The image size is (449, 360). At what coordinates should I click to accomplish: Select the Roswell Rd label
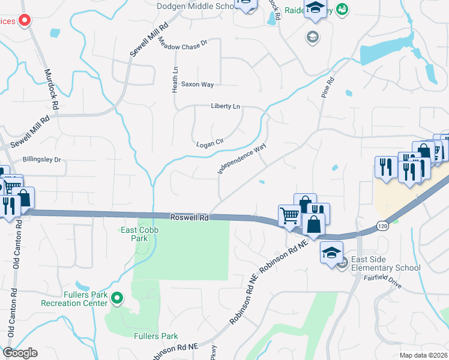[188, 218]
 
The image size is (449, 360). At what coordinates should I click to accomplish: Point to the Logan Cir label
[209, 144]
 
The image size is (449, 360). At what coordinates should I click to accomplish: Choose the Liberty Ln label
[225, 106]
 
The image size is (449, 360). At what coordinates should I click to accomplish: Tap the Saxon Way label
[197, 85]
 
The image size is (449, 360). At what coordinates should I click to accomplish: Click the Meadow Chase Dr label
[182, 43]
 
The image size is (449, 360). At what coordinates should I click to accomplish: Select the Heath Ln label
[175, 79]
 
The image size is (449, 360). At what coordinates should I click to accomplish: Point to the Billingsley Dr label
[42, 160]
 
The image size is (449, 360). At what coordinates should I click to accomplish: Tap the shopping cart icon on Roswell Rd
[289, 214]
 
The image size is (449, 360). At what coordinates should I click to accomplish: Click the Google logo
[20, 353]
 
